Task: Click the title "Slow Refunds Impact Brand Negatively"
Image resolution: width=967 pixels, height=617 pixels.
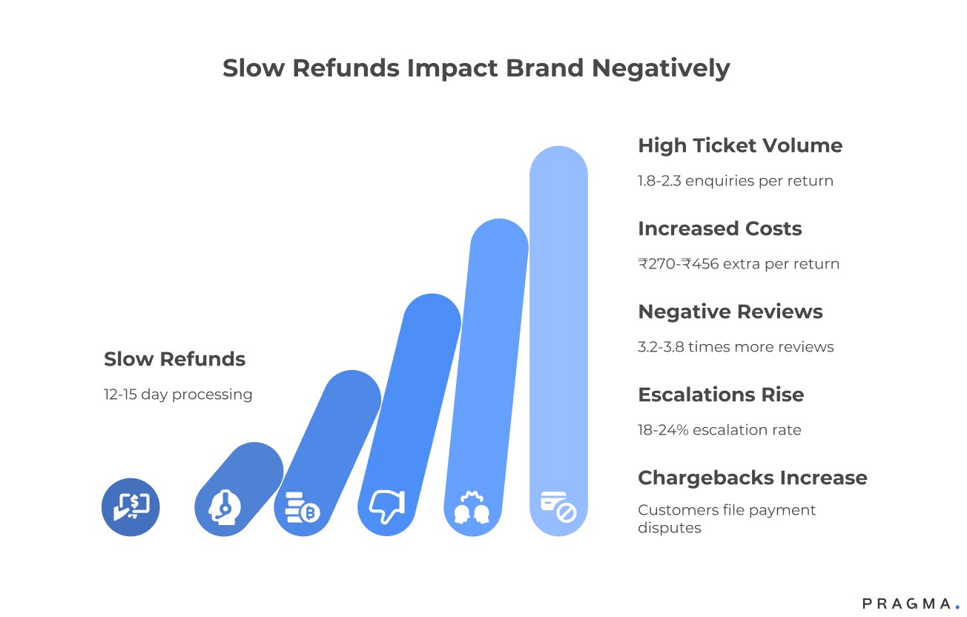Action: point(476,68)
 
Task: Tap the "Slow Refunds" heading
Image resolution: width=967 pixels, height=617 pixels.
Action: point(174,359)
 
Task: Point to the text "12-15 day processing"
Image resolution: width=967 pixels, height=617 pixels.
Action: point(178,395)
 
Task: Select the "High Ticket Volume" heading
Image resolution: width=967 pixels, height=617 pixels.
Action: point(739,145)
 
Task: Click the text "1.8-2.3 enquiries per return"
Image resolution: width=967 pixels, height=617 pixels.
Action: point(735,181)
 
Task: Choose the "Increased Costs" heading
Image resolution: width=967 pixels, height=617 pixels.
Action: point(719,228)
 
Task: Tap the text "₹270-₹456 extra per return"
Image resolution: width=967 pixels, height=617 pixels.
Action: point(738,264)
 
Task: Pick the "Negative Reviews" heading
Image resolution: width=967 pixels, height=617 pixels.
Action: point(730,311)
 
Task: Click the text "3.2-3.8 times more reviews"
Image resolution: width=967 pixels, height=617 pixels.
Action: point(735,347)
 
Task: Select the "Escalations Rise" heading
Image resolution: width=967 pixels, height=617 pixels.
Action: point(720,395)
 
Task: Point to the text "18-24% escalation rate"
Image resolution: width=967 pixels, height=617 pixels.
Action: point(719,430)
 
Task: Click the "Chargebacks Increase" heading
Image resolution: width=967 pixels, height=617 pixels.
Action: point(752,478)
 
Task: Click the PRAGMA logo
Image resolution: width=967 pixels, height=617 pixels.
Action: point(910,604)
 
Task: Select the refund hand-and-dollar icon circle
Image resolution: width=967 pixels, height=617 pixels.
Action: point(131,507)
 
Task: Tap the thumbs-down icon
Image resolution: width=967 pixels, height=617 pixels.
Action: point(386,507)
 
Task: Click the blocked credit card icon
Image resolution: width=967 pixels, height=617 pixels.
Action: point(558,507)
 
